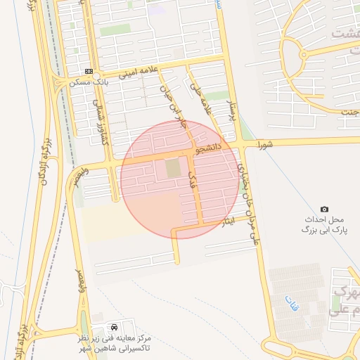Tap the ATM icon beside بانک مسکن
[89, 71]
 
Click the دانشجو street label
[209, 148]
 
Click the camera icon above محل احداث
[324, 209]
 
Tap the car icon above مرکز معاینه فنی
[114, 328]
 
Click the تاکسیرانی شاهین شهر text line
[115, 349]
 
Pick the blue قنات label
[290, 304]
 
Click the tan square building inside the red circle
[173, 169]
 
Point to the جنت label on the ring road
[349, 112]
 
